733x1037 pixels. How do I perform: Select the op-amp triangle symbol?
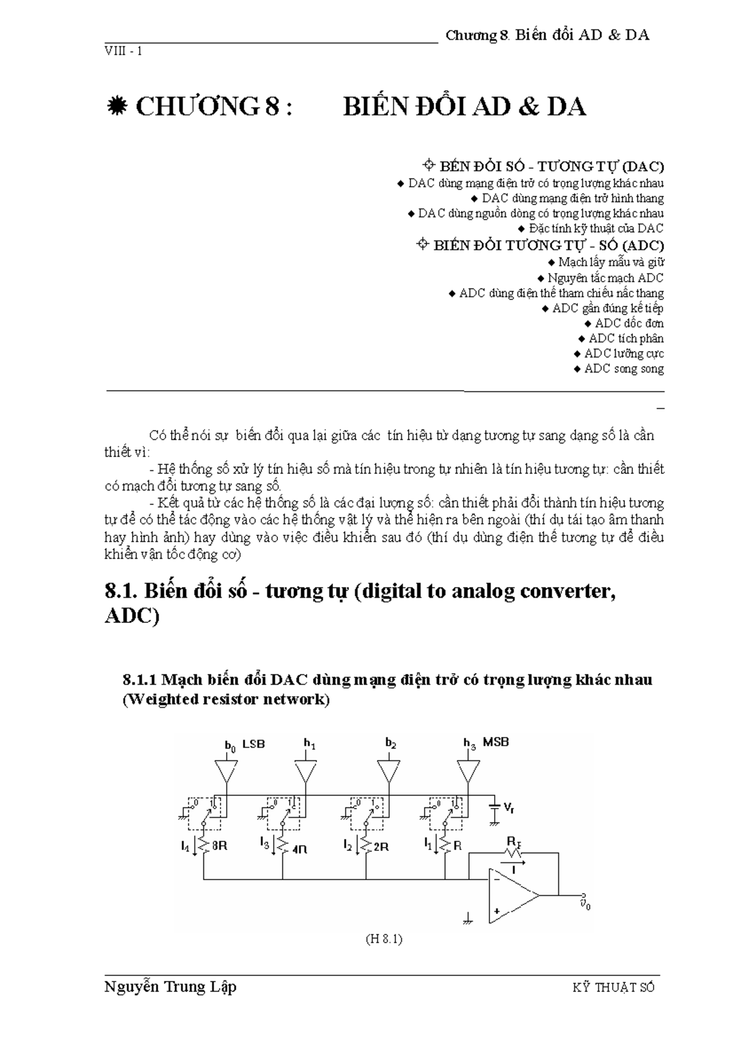[512, 896]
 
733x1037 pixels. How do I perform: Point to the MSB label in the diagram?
[495, 742]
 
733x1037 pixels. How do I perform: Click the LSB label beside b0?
[253, 744]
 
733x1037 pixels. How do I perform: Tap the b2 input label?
[391, 744]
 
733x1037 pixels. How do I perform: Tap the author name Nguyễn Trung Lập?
[170, 987]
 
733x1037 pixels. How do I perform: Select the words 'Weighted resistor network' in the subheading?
[225, 700]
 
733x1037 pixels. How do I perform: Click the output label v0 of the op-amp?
[585, 904]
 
